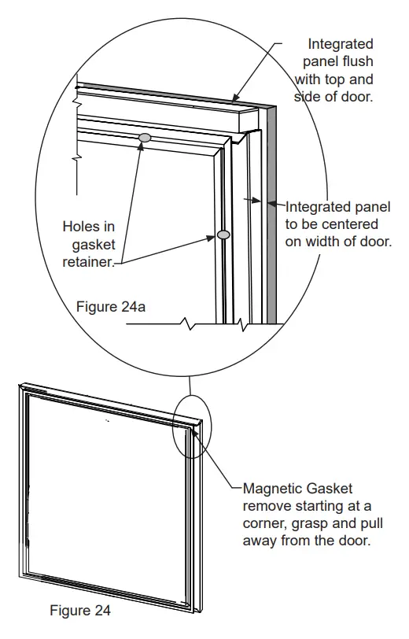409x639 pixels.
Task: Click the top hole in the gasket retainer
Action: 145,138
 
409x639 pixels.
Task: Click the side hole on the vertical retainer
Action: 223,235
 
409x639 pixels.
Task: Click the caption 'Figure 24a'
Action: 111,305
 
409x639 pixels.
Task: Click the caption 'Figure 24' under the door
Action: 80,610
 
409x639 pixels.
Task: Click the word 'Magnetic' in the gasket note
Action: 271,488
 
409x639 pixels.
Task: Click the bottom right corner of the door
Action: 195,611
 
